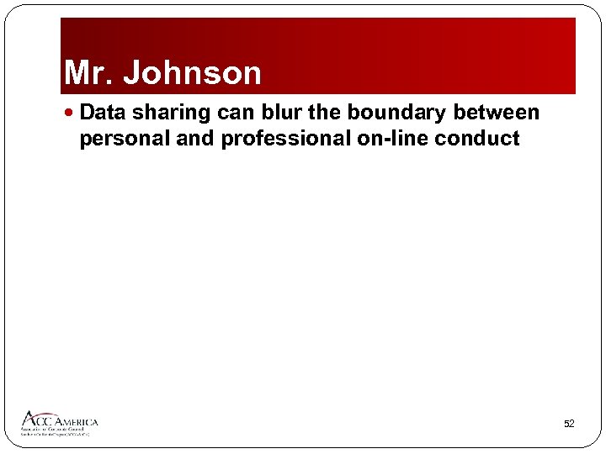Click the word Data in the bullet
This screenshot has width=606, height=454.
click(x=103, y=113)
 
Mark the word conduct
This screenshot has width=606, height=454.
click(x=480, y=138)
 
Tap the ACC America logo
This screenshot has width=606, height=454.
click(x=59, y=423)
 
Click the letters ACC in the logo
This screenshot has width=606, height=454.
click(x=39, y=420)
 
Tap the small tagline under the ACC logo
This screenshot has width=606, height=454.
click(x=57, y=432)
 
